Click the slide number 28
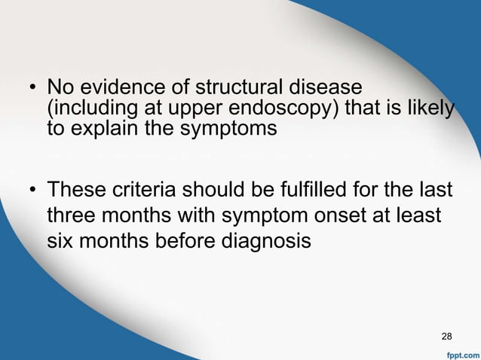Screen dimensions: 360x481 pyautogui.click(x=446, y=335)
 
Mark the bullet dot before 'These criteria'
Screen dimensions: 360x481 pyautogui.click(x=34, y=190)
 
